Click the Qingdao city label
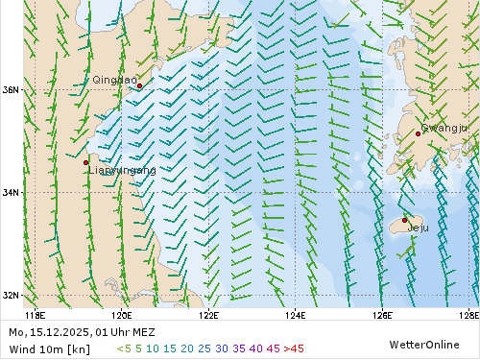114,80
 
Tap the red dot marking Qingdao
140,85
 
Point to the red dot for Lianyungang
86,162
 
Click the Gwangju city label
444,128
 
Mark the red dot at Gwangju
418,133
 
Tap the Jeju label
419,228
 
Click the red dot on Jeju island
405,220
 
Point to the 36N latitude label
11,90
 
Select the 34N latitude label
11,192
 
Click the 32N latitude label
11,295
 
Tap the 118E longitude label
35,314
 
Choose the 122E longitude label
208,314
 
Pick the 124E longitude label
296,314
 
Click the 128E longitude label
469,314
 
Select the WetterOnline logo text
423,344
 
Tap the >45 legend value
294,348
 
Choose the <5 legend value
122,348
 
